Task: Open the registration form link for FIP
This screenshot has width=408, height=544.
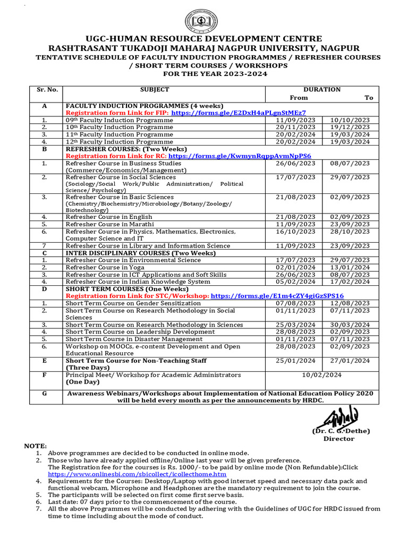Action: click(239, 113)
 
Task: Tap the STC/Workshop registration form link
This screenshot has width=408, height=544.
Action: click(277, 296)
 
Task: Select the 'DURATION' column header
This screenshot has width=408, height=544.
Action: click(322, 90)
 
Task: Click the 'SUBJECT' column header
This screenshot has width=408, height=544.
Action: click(155, 90)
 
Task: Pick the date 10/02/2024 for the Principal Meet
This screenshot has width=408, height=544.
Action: click(321, 375)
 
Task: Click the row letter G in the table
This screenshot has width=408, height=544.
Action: click(45, 393)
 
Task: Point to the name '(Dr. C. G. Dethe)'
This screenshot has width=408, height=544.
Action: click(341, 431)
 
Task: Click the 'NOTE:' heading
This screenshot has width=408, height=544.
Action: click(36, 445)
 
